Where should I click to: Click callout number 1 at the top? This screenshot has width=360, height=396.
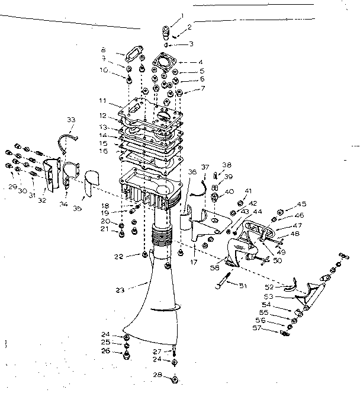point(182,15)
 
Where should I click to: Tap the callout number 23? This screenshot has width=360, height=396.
point(120,290)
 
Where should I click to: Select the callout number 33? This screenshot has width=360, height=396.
point(71,120)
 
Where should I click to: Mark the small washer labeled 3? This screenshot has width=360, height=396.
point(168,45)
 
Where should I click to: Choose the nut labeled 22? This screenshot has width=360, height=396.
point(144,255)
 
